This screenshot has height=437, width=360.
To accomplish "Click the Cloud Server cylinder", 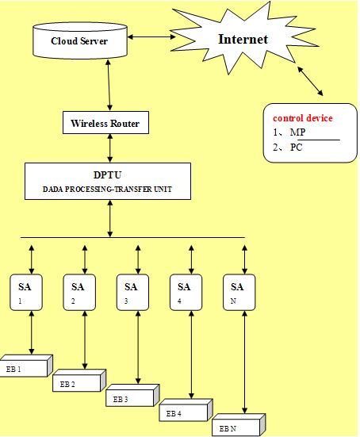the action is tap(80, 40).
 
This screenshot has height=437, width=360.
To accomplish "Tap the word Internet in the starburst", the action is tap(243, 39).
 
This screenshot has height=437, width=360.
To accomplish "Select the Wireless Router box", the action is tap(105, 123).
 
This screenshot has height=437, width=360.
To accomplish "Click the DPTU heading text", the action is tap(107, 175).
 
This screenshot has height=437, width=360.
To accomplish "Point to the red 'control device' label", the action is tap(303, 118).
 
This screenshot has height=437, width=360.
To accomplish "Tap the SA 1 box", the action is tap(26, 292).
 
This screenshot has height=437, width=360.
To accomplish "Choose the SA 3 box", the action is tap(132, 292).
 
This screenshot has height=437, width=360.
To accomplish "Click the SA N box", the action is tap(239, 292).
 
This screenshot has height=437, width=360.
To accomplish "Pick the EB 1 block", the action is tap(26, 366).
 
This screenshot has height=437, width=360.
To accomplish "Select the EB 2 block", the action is tap(79, 381).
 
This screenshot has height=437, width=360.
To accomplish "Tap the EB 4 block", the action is tap(186, 410).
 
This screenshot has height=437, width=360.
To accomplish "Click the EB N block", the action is tap(239, 425).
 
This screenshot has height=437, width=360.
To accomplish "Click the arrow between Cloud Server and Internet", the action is tap(151, 36).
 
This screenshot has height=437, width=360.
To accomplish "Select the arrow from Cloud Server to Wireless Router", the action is tap(109, 85).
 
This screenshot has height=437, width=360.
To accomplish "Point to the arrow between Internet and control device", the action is tap(310, 81).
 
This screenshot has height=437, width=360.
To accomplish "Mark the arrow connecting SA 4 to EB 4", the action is tap(191, 355).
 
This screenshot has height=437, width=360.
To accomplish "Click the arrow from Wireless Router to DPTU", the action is tap(110, 148).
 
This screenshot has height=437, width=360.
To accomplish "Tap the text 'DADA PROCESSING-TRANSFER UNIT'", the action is tap(107, 190).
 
